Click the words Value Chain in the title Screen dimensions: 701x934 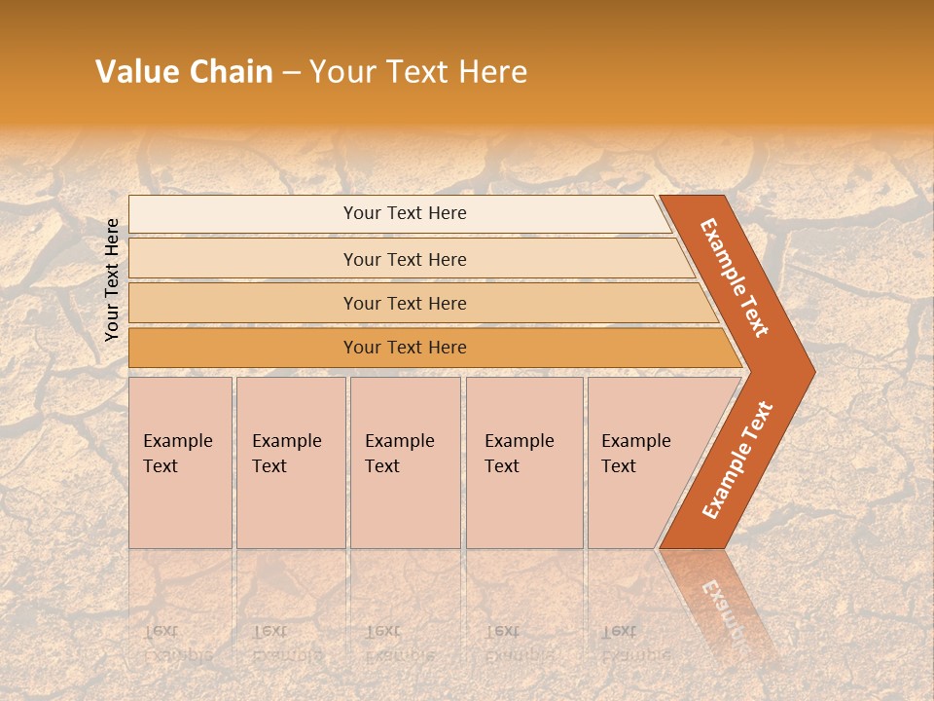click(x=184, y=72)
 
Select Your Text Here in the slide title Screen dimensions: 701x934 click(x=418, y=72)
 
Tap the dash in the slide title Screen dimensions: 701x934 click(x=291, y=73)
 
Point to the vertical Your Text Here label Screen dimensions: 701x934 click(x=112, y=279)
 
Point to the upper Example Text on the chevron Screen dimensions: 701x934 click(x=735, y=277)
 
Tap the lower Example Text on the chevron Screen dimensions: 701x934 click(x=737, y=460)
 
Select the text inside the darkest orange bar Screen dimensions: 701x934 click(x=405, y=348)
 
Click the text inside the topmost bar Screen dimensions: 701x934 click(x=405, y=213)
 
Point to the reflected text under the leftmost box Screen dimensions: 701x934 click(x=178, y=644)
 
